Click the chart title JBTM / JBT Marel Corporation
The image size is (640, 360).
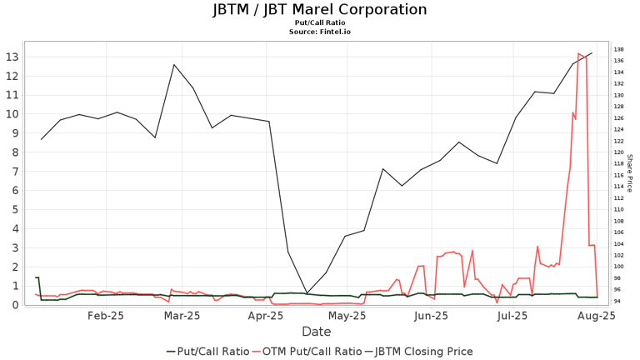click(319, 10)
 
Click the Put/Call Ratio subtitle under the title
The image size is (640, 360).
click(319, 23)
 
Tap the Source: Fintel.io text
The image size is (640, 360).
click(319, 32)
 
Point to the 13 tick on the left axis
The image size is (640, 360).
click(12, 57)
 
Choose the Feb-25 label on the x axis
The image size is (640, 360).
click(106, 317)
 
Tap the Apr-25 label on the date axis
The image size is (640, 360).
click(267, 317)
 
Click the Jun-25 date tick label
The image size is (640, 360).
click(432, 317)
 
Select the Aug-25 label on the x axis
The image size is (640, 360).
click(597, 317)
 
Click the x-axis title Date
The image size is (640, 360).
click(316, 332)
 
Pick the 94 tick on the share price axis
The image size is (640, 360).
click(617, 301)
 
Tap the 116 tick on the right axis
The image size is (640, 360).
click(617, 175)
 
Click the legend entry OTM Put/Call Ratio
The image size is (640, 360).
click(312, 351)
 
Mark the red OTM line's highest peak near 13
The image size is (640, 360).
click(578, 53)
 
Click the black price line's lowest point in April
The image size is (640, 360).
click(307, 292)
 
